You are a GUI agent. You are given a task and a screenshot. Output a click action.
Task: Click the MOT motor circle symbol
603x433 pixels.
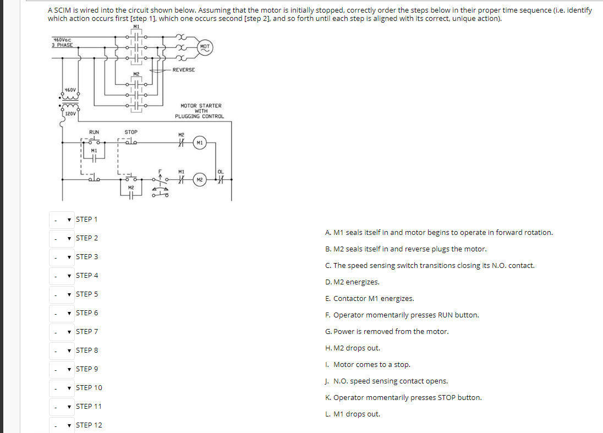(x=205, y=47)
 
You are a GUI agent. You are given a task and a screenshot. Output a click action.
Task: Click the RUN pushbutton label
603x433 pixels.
(x=94, y=132)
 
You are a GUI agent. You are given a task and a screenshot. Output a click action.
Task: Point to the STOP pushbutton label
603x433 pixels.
(x=131, y=132)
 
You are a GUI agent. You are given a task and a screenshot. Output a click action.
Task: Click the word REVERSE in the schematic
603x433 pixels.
(x=184, y=70)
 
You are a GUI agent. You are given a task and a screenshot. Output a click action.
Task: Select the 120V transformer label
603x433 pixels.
(x=70, y=113)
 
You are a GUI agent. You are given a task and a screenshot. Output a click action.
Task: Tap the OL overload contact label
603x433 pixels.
(x=221, y=172)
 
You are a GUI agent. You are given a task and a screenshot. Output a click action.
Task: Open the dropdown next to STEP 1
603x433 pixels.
(x=62, y=220)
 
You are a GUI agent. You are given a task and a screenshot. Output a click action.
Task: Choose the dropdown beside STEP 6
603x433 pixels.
(x=62, y=314)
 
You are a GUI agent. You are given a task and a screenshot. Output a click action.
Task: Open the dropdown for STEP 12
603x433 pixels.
(x=62, y=426)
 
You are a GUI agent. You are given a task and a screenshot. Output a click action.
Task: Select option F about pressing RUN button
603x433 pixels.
(x=402, y=315)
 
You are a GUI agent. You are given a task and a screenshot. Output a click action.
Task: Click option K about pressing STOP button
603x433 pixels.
(x=403, y=398)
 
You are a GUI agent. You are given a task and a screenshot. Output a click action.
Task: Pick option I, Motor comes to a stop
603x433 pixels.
(x=368, y=365)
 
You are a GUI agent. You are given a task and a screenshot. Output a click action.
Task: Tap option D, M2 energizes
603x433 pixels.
(x=352, y=282)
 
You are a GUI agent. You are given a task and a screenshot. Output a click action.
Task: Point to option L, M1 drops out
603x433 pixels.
(x=353, y=414)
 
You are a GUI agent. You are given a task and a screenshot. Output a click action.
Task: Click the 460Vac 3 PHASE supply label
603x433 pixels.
(x=62, y=42)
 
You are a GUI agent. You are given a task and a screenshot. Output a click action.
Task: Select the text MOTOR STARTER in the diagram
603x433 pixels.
(x=201, y=106)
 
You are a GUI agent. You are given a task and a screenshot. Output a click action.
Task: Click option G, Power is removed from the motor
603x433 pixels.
(x=387, y=332)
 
